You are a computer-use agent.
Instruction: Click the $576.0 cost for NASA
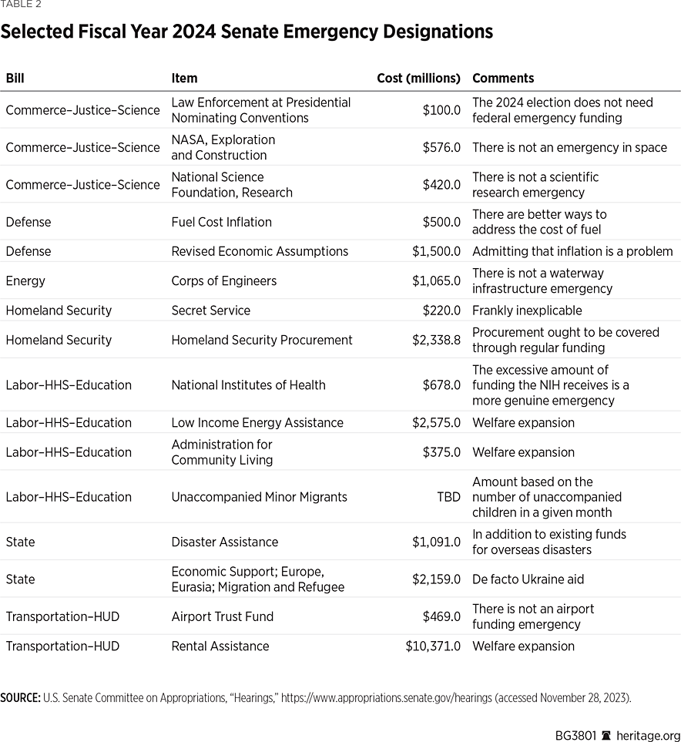441,147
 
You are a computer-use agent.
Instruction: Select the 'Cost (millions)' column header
418,78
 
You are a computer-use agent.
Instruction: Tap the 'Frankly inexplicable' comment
527,311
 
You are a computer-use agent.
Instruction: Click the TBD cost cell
448,497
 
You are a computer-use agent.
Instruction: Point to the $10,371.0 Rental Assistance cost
433,646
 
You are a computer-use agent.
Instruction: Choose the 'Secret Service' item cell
210,311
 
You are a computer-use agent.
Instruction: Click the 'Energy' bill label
25,280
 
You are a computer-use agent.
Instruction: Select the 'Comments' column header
502,78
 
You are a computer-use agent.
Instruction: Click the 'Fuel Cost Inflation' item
221,222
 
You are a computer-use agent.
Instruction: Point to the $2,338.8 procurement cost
436,340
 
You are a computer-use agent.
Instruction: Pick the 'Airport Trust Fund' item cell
222,616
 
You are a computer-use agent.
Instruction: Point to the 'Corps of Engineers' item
223,280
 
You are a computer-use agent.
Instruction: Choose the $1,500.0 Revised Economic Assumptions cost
436,251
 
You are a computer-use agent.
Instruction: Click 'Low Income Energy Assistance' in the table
257,422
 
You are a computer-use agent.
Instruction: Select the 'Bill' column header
15,78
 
